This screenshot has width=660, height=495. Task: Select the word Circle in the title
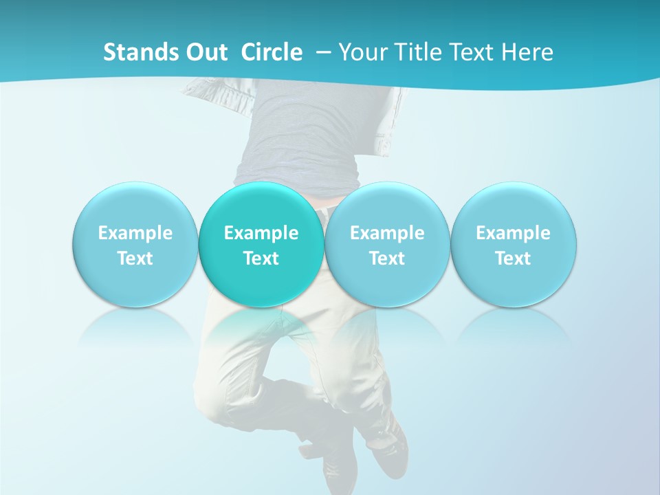(272, 52)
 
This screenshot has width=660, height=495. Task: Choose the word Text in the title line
(467, 52)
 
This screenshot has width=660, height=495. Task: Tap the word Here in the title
(527, 52)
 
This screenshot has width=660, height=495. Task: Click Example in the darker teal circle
(261, 233)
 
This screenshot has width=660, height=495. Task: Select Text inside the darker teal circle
(261, 258)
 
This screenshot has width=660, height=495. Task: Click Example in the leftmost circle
(135, 233)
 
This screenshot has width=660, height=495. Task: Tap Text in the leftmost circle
(135, 258)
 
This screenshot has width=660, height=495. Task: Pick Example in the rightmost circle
(513, 233)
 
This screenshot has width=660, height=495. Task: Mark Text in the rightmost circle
(513, 258)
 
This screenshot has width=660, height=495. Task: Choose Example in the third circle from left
(387, 233)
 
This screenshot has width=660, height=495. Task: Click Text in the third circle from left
(387, 258)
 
